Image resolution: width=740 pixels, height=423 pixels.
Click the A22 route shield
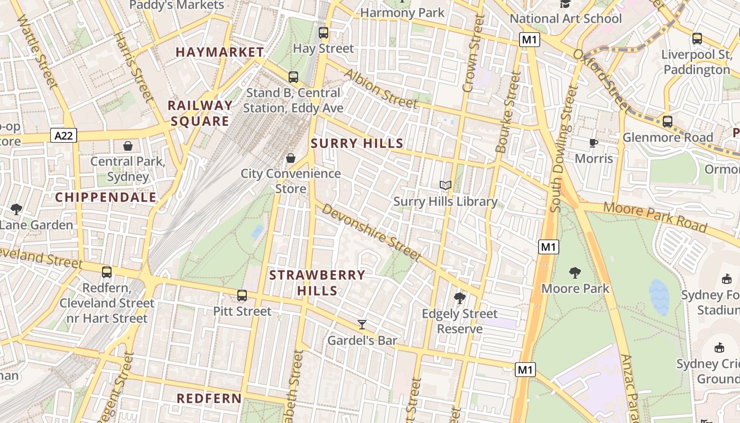[x=64, y=136]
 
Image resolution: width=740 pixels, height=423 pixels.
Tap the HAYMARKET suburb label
[x=219, y=52]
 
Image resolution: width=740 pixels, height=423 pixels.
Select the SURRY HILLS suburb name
[x=357, y=143]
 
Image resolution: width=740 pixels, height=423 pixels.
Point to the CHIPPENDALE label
[x=106, y=198]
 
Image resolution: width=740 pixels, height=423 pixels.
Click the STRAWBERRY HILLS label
[x=317, y=282]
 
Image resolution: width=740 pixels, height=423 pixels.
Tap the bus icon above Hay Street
[x=323, y=33]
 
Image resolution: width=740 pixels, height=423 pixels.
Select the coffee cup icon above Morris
[x=594, y=143]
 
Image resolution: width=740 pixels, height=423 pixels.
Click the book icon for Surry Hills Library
[x=446, y=185]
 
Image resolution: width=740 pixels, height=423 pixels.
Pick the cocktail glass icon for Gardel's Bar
[x=362, y=324]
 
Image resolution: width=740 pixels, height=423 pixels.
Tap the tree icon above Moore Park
[x=575, y=273]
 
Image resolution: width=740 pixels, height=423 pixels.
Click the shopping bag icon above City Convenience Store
[x=290, y=158]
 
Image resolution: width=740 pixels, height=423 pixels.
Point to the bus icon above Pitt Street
[x=242, y=296]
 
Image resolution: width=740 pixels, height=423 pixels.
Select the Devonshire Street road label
[x=371, y=233]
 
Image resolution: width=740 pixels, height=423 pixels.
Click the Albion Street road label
[x=380, y=88]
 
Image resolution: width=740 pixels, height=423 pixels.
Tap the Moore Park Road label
[x=655, y=217]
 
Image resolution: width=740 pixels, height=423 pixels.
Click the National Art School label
[x=565, y=19]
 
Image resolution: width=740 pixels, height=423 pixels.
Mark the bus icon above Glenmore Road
[x=667, y=122]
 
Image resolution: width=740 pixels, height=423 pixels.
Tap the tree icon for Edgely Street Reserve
[x=459, y=298]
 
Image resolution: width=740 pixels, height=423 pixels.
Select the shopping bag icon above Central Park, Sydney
[x=127, y=146]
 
